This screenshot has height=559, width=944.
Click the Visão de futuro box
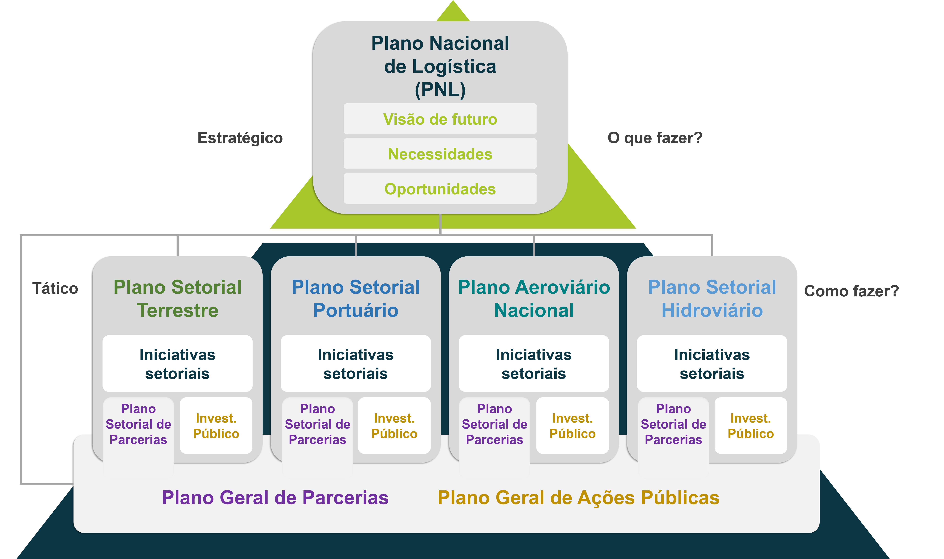coord(440,119)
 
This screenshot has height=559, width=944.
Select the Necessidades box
coord(440,154)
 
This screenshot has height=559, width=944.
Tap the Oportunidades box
coord(440,189)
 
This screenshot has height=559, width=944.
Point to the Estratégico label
coord(240,138)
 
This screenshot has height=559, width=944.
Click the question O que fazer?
coord(655,138)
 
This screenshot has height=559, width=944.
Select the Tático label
coord(55,289)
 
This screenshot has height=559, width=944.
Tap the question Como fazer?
coord(851,291)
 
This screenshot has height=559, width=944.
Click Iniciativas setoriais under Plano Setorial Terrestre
coord(177,364)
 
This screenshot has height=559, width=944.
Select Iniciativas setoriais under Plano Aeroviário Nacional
coord(534,364)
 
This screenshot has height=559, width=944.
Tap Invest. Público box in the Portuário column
coord(394,426)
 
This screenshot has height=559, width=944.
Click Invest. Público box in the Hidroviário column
coord(750,426)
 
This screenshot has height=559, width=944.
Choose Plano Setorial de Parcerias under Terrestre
coord(138,424)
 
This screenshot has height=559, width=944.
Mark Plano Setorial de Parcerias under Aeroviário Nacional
coord(495,424)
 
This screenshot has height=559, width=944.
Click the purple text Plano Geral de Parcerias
coord(275,498)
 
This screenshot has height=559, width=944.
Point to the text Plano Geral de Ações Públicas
coord(579,498)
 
